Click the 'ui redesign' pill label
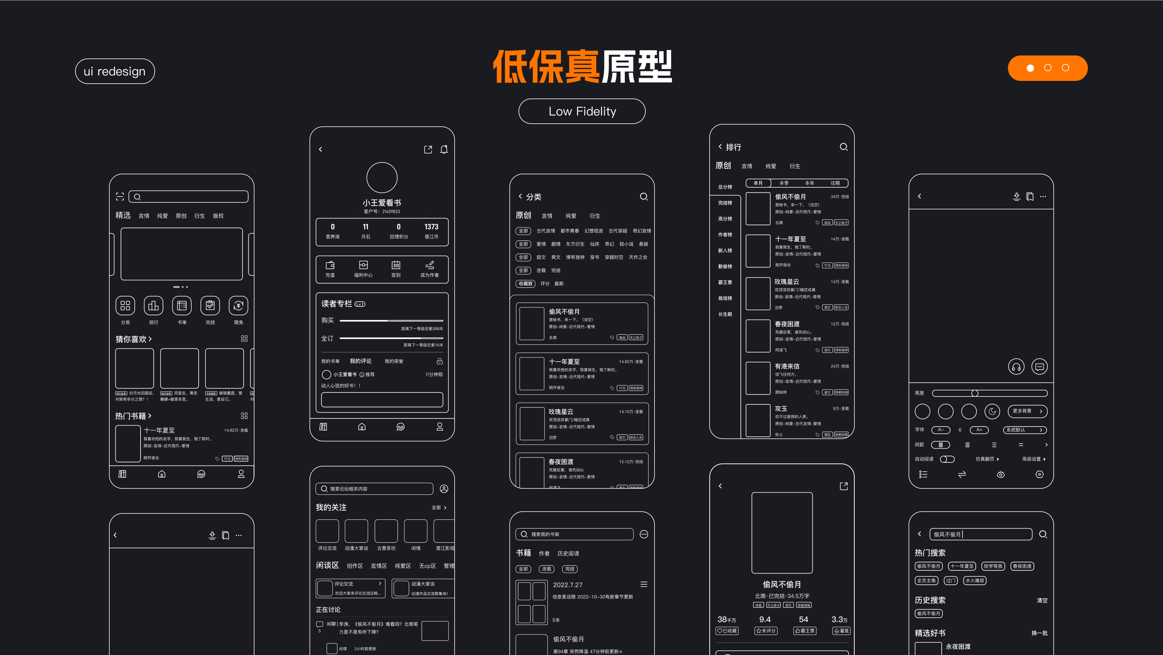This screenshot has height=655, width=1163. click(x=115, y=71)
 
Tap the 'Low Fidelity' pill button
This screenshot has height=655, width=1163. click(x=581, y=111)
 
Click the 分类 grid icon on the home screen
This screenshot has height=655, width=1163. click(x=125, y=306)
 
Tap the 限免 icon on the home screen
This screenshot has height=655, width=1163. click(x=238, y=306)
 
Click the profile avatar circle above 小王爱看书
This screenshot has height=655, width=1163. click(x=382, y=178)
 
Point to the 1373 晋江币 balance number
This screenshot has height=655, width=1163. click(x=431, y=227)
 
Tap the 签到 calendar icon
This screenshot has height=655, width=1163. click(x=396, y=265)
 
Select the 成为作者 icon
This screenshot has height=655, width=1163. click(x=429, y=265)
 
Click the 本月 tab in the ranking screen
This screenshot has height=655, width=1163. click(x=758, y=183)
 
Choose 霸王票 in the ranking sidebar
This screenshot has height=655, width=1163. click(x=725, y=282)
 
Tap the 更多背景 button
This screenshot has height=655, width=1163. click(x=1027, y=411)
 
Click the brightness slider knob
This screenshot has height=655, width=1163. click(x=975, y=393)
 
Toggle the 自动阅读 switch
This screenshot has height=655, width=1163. click(x=947, y=459)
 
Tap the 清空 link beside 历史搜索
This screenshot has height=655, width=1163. click(x=1042, y=600)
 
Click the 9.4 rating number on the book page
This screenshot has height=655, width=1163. click(x=765, y=619)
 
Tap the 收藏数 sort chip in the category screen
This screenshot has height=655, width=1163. click(x=525, y=284)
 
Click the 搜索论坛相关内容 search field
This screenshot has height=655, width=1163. click(x=374, y=489)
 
